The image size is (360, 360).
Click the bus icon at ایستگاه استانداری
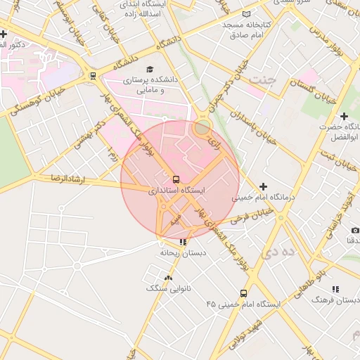[176, 179]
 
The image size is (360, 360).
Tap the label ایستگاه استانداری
[176, 191]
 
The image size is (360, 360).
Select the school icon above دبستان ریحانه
[184, 242]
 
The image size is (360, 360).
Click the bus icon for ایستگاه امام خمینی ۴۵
[244, 293]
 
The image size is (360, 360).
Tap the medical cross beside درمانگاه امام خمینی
[263, 186]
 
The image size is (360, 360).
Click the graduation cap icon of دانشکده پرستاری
[149, 69]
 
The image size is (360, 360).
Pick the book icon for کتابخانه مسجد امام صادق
[245, 14]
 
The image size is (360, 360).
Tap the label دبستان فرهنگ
[330, 300]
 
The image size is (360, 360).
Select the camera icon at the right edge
[355, 231]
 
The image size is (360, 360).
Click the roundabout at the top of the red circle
[202, 127]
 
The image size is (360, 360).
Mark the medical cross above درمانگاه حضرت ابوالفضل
[344, 116]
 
